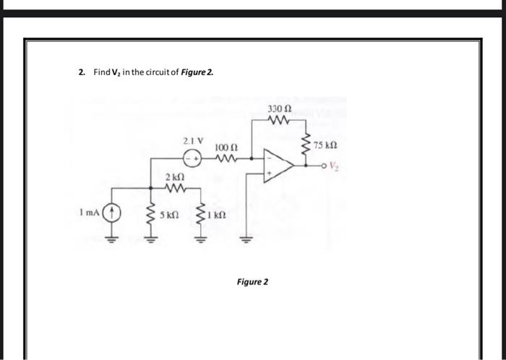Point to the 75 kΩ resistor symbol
pos(306,145)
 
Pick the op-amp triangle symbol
pos(278,163)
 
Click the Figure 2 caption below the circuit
pos(252,281)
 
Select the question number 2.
pos(82,73)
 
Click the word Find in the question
pos(100,73)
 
